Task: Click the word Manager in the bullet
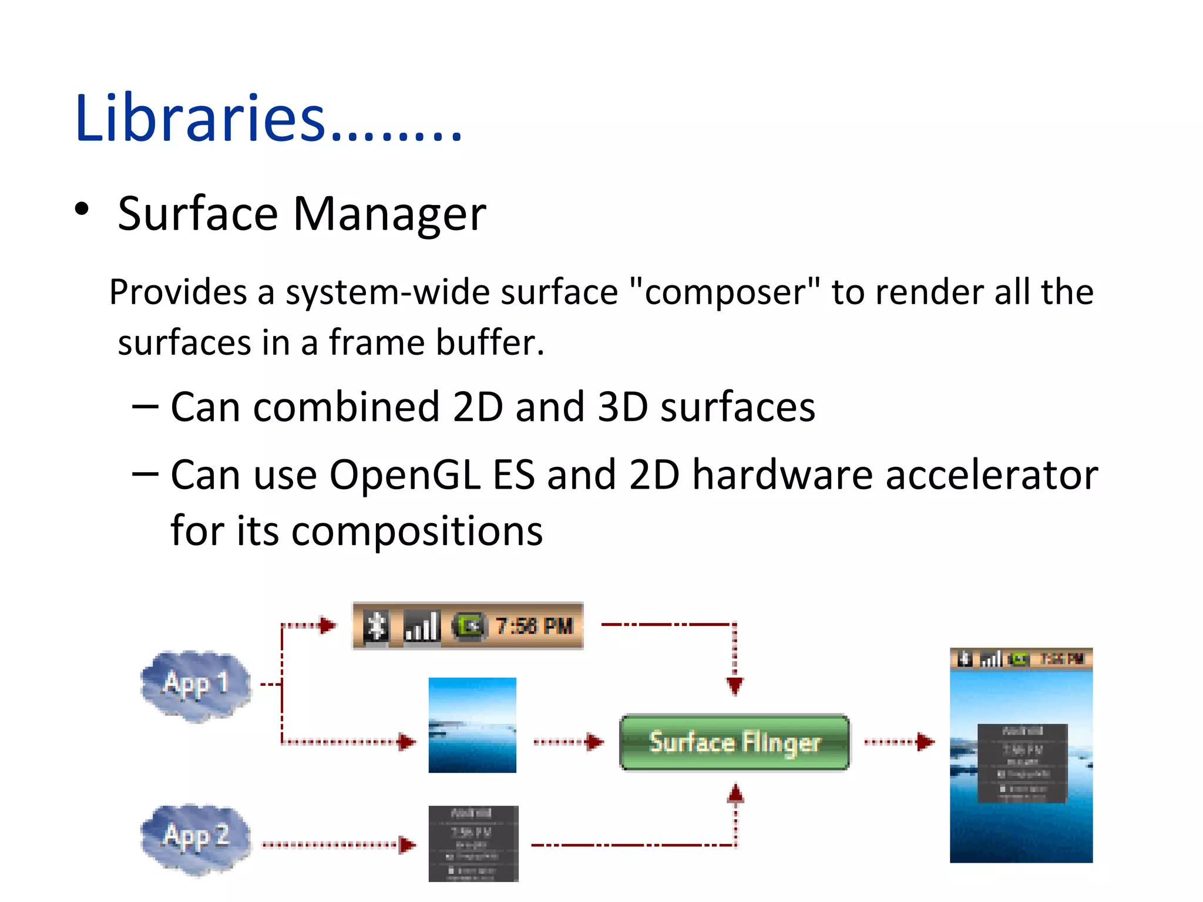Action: [389, 214]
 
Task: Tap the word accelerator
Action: [992, 474]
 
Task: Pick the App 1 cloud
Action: [196, 685]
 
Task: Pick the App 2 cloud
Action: [196, 838]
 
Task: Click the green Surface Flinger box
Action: [734, 742]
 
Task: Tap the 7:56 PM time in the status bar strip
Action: [533, 626]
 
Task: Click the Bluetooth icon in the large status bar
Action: [376, 626]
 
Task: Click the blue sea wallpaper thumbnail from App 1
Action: [472, 725]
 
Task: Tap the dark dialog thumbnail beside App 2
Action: [473, 843]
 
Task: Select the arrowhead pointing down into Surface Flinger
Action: [734, 685]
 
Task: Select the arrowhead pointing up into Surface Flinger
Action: [735, 794]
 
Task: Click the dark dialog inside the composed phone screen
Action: [1022, 763]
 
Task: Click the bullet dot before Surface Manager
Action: [82, 209]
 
